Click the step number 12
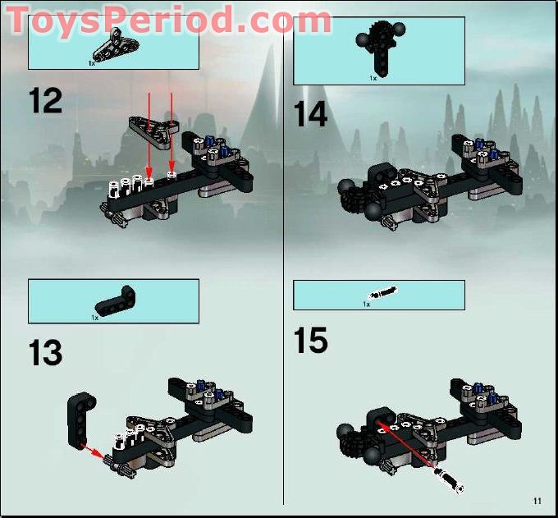pyautogui.click(x=45, y=102)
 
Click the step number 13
pyautogui.click(x=45, y=353)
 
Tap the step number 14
pyautogui.click(x=311, y=115)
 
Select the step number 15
pyautogui.click(x=311, y=341)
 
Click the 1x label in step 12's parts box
pyautogui.click(x=93, y=62)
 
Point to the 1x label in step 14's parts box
pyautogui.click(x=372, y=77)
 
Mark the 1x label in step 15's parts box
pyautogui.click(x=367, y=304)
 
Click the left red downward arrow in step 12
pyautogui.click(x=149, y=131)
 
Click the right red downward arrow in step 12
pyautogui.click(x=171, y=131)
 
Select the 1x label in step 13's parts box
pyautogui.click(x=95, y=317)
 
